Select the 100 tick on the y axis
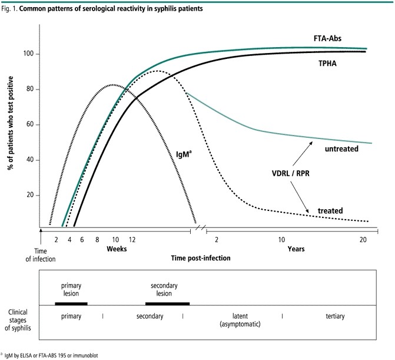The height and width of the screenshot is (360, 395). [x=28, y=54]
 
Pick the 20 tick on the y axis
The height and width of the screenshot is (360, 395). [x=29, y=196]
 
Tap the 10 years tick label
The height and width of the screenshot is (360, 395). [x=282, y=240]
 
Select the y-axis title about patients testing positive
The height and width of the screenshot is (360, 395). [x=11, y=124]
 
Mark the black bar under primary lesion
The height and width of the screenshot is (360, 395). [x=71, y=303]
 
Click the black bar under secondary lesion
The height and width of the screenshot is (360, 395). [x=167, y=303]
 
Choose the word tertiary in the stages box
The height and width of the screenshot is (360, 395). [x=334, y=316]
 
